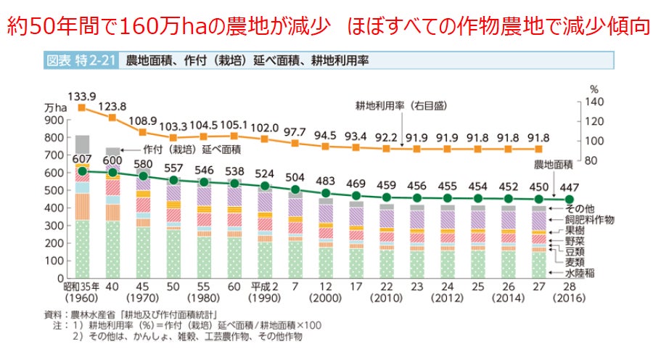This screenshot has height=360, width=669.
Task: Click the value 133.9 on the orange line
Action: (x=82, y=95)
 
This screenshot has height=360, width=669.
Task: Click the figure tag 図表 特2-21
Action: (x=80, y=61)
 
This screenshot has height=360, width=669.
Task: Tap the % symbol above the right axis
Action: (x=593, y=90)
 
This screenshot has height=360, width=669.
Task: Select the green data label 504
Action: (x=295, y=176)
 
